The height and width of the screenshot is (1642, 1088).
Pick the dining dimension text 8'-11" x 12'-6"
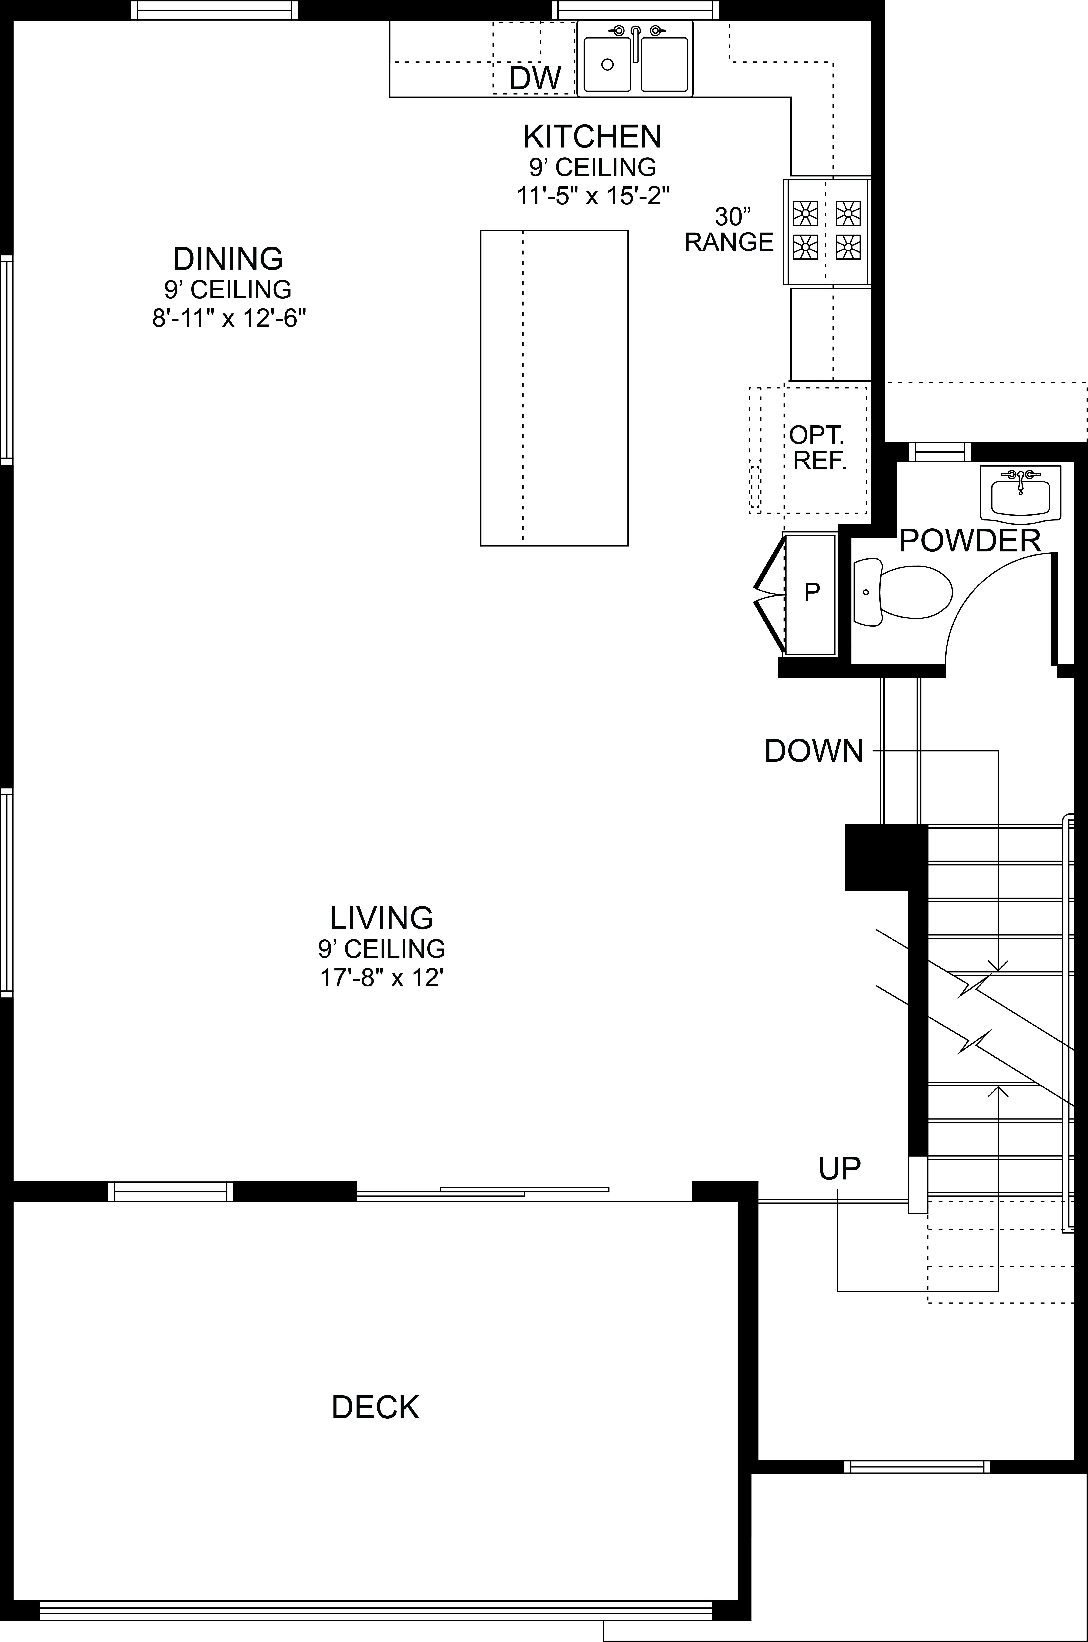[x=229, y=319]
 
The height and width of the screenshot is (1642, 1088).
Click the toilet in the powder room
[x=902, y=593]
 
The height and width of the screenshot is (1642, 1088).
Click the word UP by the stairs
[x=839, y=1169]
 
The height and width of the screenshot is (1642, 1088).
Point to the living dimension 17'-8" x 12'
[x=382, y=978]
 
